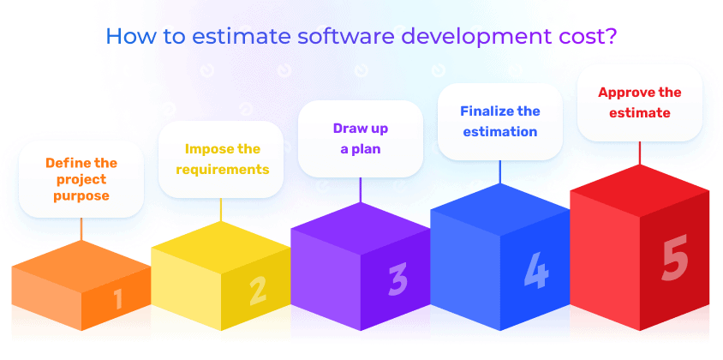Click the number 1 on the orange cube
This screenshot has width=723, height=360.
(x=118, y=299)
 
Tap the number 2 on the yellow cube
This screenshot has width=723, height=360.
(x=258, y=291)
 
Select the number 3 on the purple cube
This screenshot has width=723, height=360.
(x=397, y=279)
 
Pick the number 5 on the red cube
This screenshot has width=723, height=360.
(x=674, y=257)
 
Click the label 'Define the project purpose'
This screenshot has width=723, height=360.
(x=81, y=179)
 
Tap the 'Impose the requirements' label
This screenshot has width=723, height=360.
(x=222, y=159)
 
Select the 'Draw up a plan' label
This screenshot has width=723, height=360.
(x=361, y=139)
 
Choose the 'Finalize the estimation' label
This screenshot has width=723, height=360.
(x=499, y=122)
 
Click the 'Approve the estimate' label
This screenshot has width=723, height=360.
(x=640, y=103)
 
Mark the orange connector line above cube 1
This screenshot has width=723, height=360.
(x=81, y=229)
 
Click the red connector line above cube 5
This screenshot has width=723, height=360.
(x=640, y=153)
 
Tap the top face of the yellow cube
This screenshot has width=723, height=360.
(x=221, y=248)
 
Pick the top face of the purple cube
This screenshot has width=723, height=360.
(x=361, y=229)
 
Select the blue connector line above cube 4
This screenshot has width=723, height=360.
(x=499, y=172)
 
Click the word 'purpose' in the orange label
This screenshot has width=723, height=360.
(x=81, y=195)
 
